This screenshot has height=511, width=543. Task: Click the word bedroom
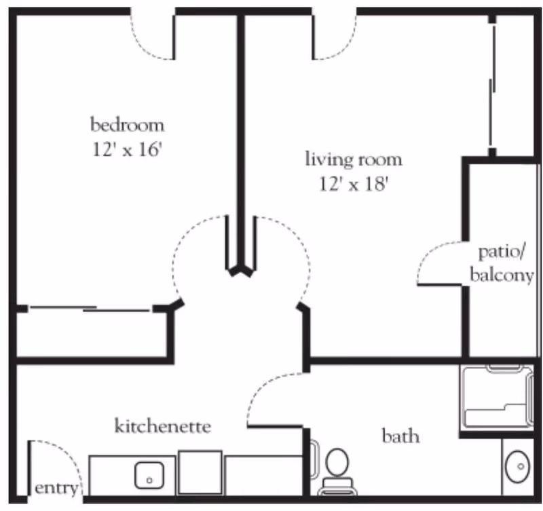coord(127,125)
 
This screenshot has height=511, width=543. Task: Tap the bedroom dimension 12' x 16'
coord(127,149)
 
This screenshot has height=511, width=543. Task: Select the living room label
coord(353,160)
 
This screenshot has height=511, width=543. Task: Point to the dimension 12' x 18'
coord(353,184)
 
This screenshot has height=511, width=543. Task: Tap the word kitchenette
coord(162,427)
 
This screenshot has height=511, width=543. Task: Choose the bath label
coord(400,435)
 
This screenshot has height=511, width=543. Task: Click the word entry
coord(56,488)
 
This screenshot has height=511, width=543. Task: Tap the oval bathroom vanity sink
coord(519,466)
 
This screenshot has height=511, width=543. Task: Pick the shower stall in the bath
coord(494,398)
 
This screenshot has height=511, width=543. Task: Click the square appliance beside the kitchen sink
coord(200,472)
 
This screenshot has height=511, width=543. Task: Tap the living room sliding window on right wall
coord(492,81)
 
